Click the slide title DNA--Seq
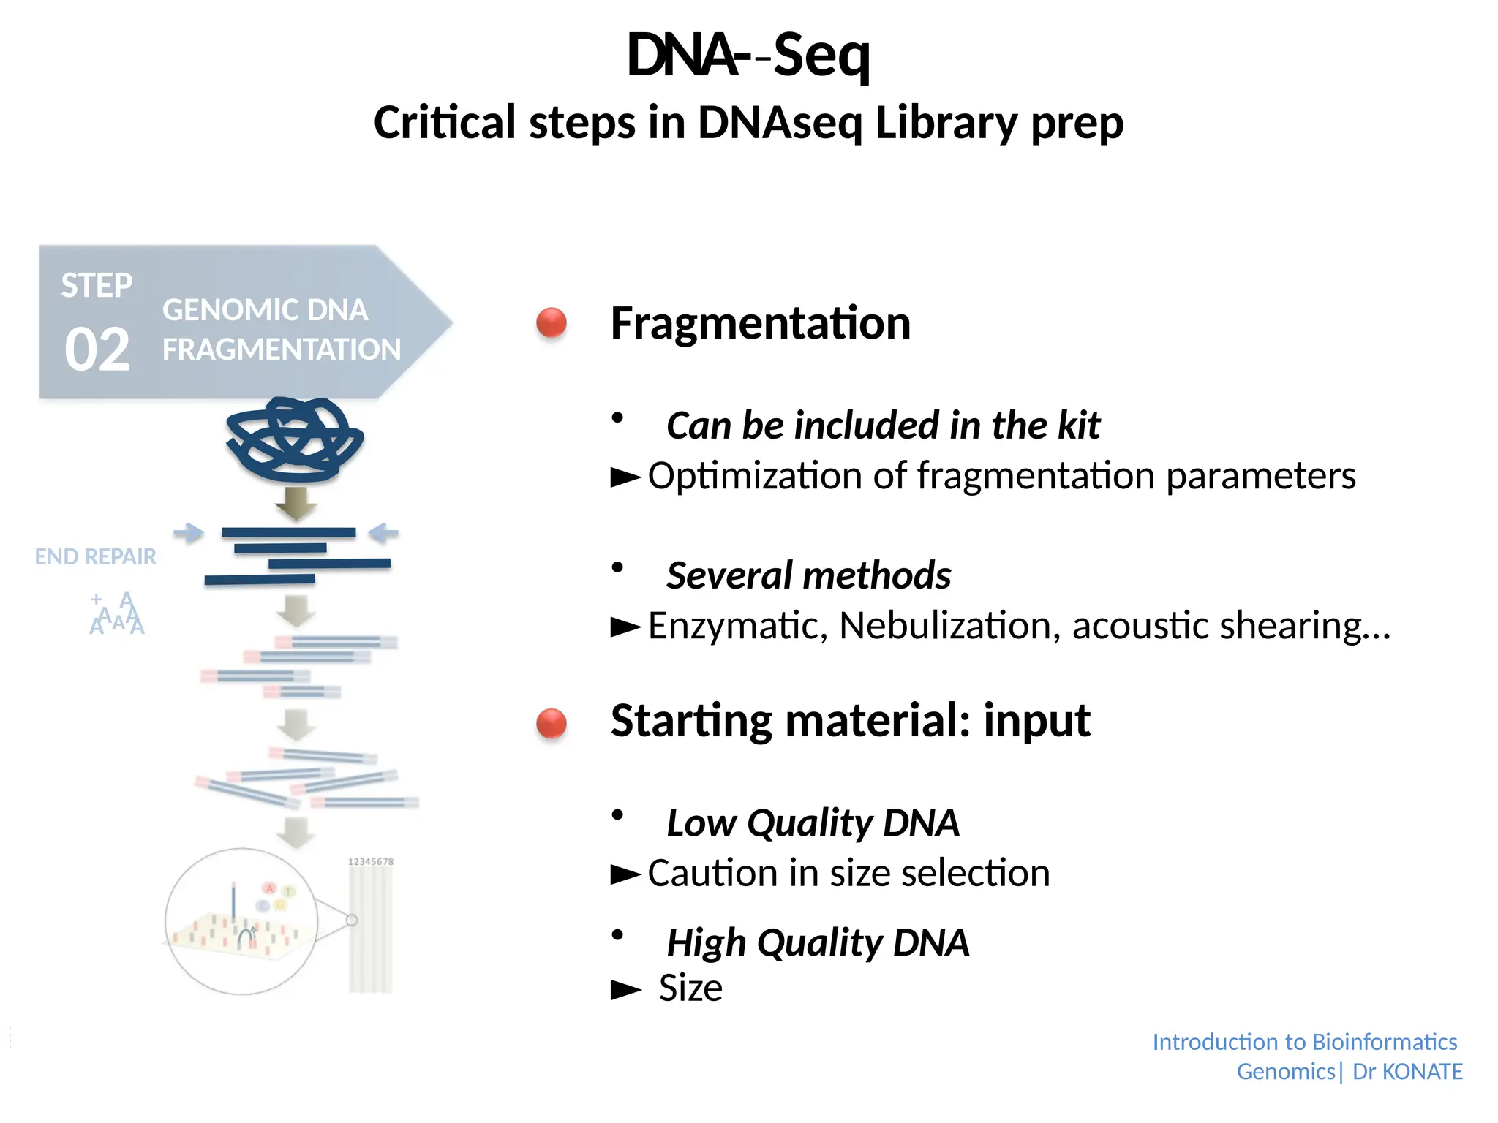click(x=748, y=56)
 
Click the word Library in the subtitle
click(x=946, y=122)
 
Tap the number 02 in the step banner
click(x=97, y=349)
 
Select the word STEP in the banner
click(x=97, y=285)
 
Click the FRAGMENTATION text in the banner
click(x=282, y=349)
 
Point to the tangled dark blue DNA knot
click(x=295, y=439)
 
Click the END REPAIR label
click(x=96, y=556)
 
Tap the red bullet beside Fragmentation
click(x=552, y=322)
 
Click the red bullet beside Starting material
click(x=552, y=723)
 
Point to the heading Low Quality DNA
click(x=813, y=823)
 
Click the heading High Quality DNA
click(x=818, y=942)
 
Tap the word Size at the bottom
click(x=690, y=988)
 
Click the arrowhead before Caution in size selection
click(x=626, y=874)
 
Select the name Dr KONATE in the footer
click(x=1407, y=1072)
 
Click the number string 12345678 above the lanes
click(x=371, y=862)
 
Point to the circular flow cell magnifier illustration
click(x=241, y=921)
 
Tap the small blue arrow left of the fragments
click(x=189, y=533)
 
